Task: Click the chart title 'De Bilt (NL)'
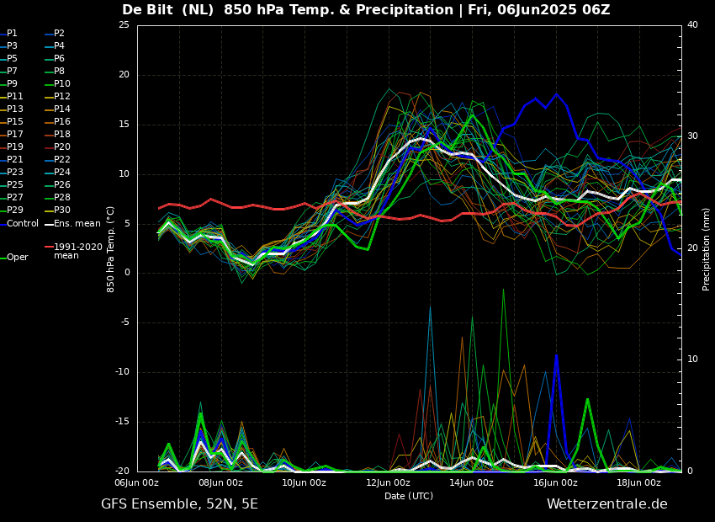click(168, 10)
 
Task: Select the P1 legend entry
click(12, 34)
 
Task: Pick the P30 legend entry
click(62, 210)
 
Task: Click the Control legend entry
click(23, 224)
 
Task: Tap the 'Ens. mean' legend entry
click(77, 224)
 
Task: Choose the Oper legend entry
click(18, 258)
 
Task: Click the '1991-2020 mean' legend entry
click(77, 251)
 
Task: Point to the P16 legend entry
click(62, 122)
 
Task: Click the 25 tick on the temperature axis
click(124, 25)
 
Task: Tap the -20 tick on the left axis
click(122, 471)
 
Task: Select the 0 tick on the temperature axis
click(126, 273)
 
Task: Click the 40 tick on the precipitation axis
click(692, 25)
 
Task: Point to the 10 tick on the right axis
click(692, 360)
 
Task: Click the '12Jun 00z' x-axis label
click(388, 483)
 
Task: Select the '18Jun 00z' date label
click(638, 483)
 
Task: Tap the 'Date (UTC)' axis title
click(409, 497)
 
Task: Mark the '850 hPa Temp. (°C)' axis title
click(111, 248)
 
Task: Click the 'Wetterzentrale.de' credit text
click(606, 504)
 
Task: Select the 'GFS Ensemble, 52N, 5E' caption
click(179, 504)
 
